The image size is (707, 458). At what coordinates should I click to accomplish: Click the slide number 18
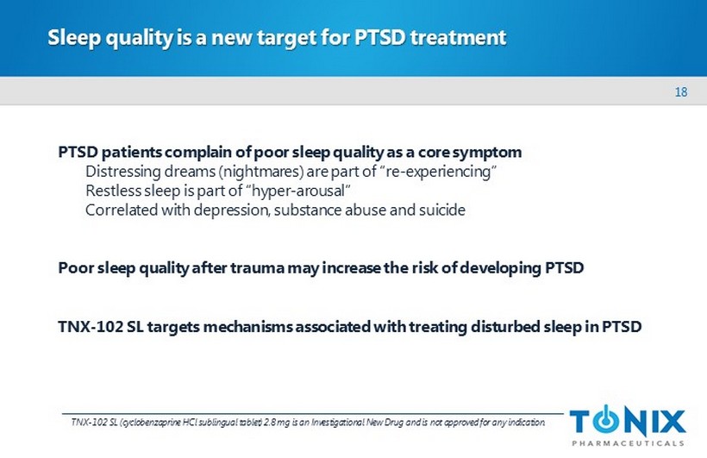pos(681,92)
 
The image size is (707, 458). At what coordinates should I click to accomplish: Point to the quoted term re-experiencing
pos(439,172)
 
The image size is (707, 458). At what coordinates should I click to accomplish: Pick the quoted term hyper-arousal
pos(298,191)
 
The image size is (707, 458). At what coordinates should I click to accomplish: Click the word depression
pos(231,210)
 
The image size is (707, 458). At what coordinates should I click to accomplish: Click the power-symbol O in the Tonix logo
pos(606,420)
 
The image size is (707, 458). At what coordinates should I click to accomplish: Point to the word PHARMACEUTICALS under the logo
pos(628,443)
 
